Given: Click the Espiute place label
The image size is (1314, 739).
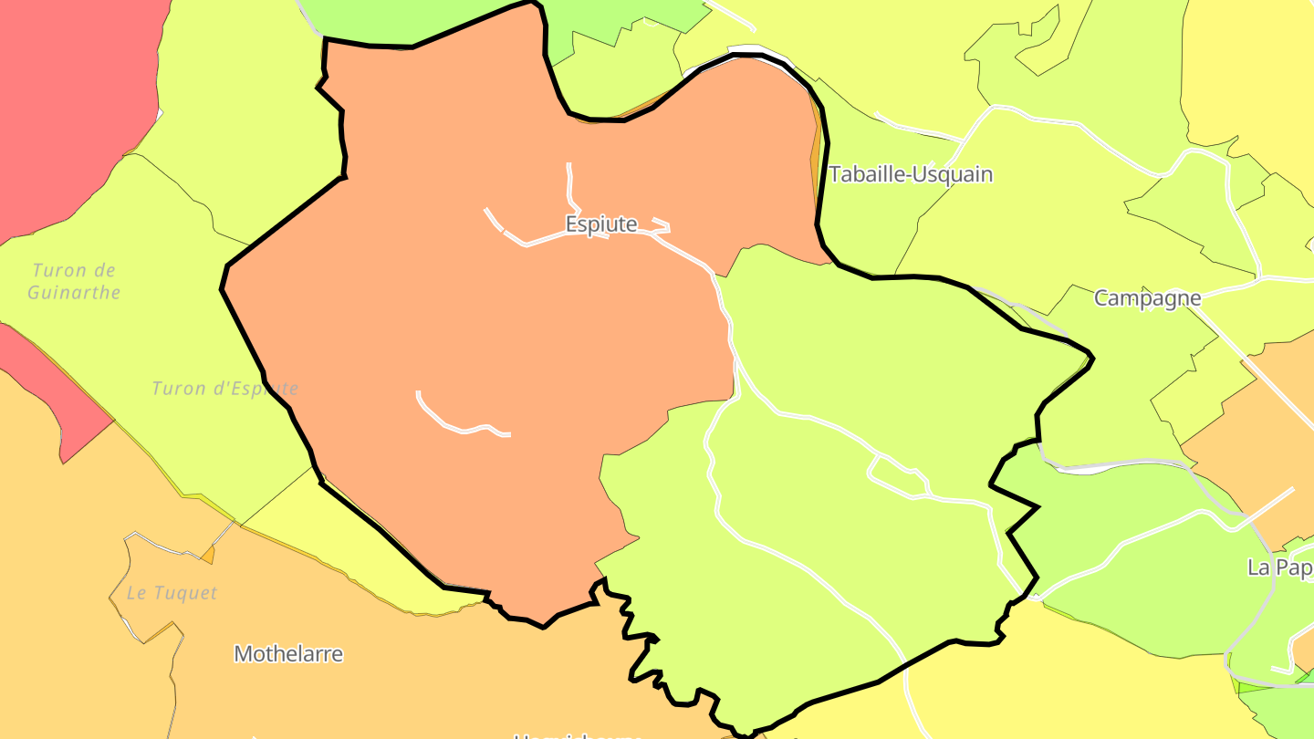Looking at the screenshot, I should pos(601,224).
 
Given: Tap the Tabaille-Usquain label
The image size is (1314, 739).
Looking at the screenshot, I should pos(910,174).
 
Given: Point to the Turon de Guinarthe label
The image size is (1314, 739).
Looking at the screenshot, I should pos(74,281).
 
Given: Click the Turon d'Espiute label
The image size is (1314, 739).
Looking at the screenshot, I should pos(224,389).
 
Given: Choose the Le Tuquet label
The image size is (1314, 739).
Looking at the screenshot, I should pos(172,593).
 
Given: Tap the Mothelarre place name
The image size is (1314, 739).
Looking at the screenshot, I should pos(288,654).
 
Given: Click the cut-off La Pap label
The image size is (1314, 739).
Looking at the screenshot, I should pos(1279,567).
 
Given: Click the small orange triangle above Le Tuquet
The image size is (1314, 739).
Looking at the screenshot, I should pos(209,555).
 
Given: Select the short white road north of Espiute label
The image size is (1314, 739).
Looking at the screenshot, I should pos(570,187).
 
